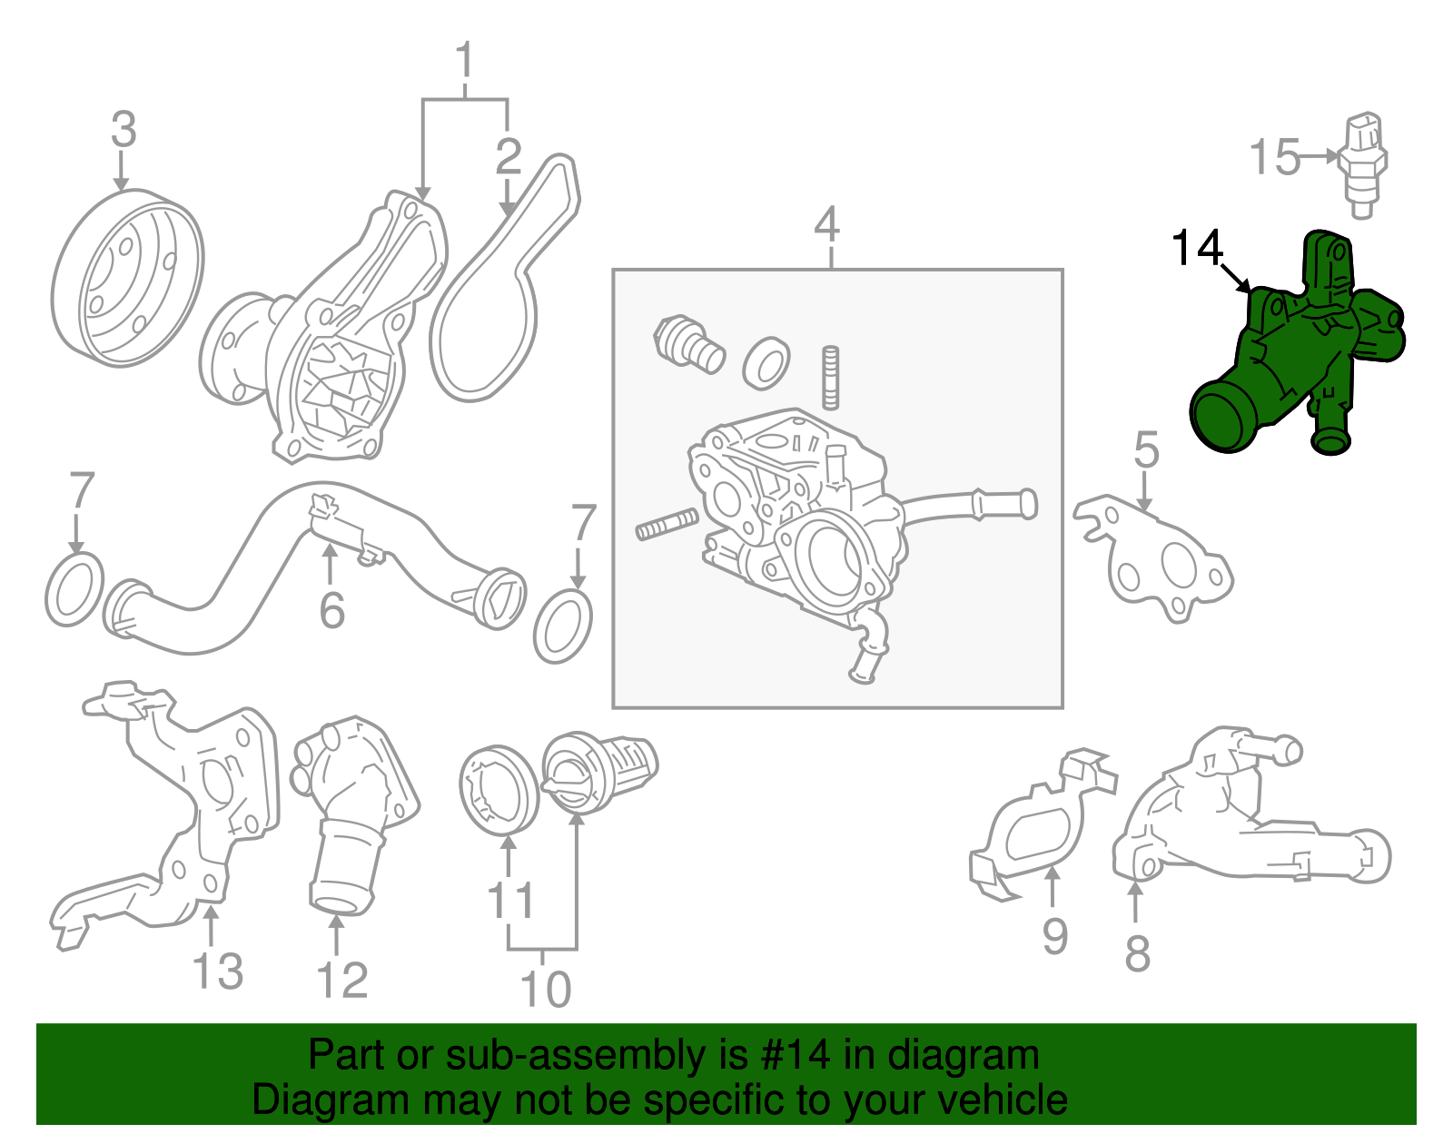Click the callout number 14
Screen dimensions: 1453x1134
(x=1197, y=248)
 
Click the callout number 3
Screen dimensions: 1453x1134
(x=124, y=130)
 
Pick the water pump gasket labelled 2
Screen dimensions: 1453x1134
(x=505, y=277)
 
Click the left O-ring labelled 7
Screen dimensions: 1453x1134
(x=74, y=589)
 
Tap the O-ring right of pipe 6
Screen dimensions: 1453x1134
(x=563, y=626)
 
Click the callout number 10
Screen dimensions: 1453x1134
(x=545, y=989)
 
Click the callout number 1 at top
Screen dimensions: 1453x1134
(x=465, y=60)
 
